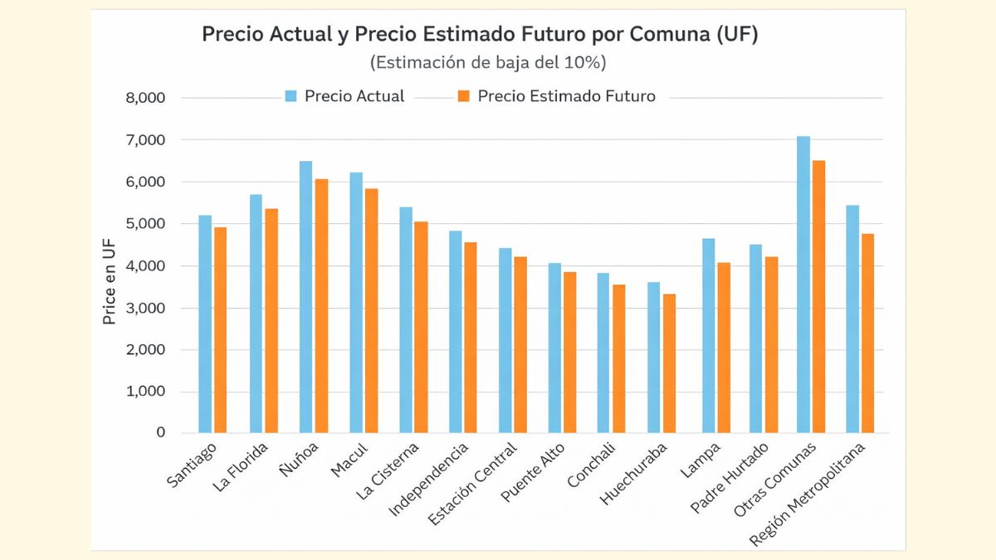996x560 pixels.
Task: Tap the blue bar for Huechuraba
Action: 654,358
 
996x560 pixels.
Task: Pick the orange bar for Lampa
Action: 724,348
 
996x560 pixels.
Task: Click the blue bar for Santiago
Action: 205,324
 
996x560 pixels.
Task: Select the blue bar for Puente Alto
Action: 554,348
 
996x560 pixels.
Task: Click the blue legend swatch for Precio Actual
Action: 290,96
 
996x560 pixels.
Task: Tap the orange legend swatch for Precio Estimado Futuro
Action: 463,96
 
